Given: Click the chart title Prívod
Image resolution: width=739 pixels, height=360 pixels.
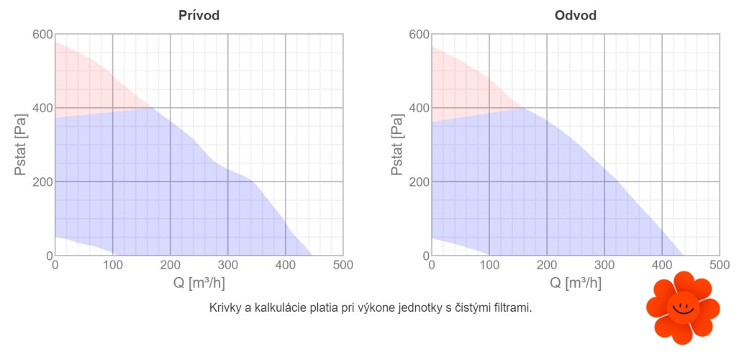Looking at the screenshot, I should coord(199,15).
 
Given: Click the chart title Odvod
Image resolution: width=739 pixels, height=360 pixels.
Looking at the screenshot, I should coord(576,15).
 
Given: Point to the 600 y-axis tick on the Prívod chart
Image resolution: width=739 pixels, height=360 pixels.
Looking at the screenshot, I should coord(42,35).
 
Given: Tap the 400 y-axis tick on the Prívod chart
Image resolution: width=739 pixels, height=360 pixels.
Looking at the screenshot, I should coord(42,108).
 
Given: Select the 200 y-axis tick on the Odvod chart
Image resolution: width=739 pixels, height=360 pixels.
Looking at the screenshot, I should coord(419,181).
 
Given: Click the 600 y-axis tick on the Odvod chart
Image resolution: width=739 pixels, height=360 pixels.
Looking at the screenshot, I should coord(419,35).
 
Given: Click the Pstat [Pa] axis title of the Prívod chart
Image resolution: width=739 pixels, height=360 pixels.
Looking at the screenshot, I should coord(22,145).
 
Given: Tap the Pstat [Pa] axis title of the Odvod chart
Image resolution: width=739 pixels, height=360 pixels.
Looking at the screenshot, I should coord(398,145).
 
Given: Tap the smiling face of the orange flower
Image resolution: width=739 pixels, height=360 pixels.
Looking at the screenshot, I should coord(682,308).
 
